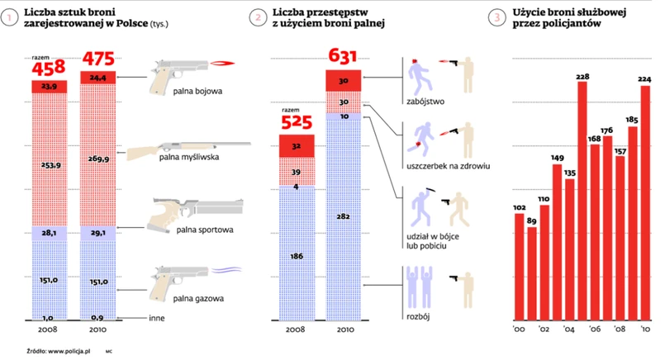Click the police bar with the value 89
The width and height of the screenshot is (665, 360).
(x=533, y=272)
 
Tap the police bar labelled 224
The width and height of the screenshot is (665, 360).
(x=645, y=206)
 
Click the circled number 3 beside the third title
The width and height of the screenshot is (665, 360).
(x=496, y=16)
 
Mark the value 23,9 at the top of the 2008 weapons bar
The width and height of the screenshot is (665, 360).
(x=49, y=87)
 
